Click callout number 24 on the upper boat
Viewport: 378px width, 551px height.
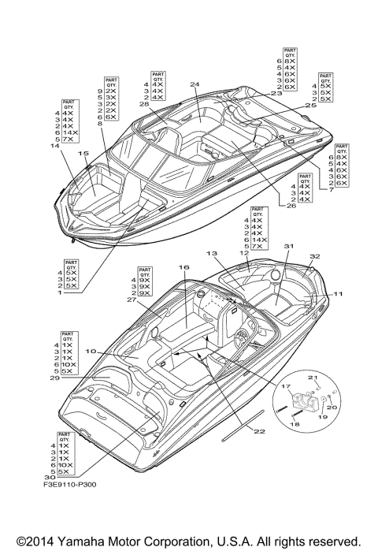(194, 84)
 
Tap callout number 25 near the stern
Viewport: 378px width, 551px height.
(309, 105)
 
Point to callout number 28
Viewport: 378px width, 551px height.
(143, 103)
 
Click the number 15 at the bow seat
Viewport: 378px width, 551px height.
(83, 154)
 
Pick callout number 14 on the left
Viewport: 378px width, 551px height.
(54, 146)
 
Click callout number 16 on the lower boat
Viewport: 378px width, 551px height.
(183, 268)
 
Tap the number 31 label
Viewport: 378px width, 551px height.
(288, 247)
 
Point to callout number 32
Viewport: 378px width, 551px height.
(314, 256)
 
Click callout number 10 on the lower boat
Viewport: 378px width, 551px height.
(90, 351)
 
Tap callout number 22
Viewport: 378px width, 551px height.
(259, 430)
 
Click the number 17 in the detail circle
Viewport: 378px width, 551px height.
(287, 386)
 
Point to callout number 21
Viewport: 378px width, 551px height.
(311, 378)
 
